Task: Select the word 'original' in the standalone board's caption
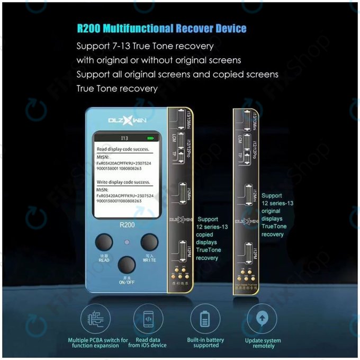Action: click(x=272, y=211)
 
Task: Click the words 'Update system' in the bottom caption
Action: click(x=263, y=340)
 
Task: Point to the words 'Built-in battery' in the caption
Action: click(x=205, y=339)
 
